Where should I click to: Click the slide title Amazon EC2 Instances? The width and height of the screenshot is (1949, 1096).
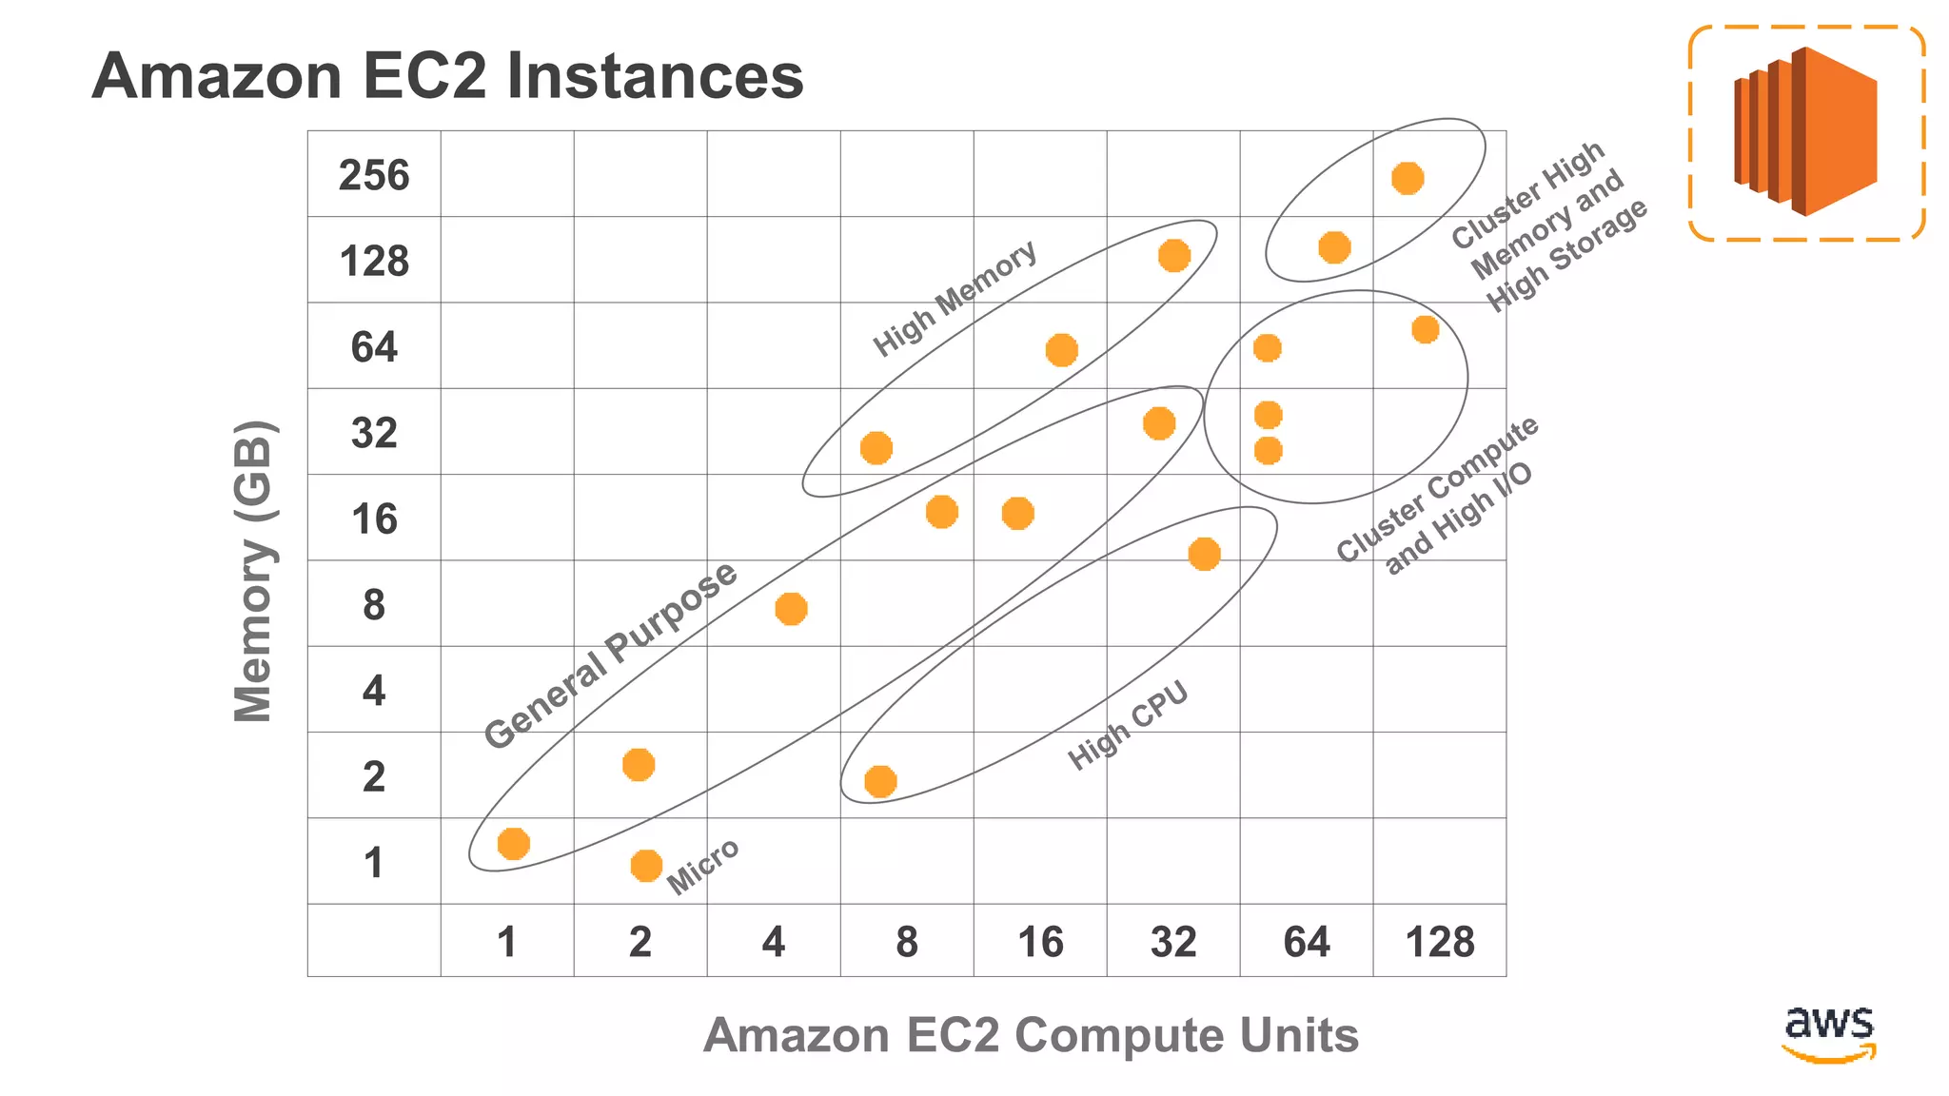pos(447,76)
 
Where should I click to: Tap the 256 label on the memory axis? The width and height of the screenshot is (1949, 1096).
pos(374,176)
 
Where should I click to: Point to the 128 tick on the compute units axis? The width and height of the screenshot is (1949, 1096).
pos(1440,942)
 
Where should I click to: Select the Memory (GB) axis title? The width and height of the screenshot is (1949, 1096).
pos(254,571)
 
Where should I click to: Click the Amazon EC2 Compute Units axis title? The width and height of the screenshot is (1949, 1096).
pos(1031,1035)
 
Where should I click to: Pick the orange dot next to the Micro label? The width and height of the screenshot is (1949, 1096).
pos(646,866)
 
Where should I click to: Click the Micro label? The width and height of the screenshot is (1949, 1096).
pos(702,867)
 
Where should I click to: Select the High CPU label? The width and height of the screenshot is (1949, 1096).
pos(1129,725)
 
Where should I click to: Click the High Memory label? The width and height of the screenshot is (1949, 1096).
pos(955,298)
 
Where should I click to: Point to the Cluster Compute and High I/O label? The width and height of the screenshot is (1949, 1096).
pos(1436,497)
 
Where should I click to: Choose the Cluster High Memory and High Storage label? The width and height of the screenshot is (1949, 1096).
pos(1548,228)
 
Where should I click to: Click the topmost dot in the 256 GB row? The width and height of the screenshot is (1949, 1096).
pos(1408,178)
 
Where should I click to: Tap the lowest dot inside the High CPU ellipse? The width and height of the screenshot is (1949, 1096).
pos(880,781)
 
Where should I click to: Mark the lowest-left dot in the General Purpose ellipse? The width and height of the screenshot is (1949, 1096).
pos(513,843)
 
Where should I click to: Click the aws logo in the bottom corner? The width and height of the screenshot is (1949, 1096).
pos(1829,1032)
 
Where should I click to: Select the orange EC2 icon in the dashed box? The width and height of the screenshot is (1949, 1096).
pos(1806,132)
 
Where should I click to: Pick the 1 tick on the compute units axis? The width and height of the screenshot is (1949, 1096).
pos(507,942)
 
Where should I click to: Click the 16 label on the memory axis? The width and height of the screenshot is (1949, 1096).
pos(374,519)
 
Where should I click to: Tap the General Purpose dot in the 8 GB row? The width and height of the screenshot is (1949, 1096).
pos(791,609)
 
